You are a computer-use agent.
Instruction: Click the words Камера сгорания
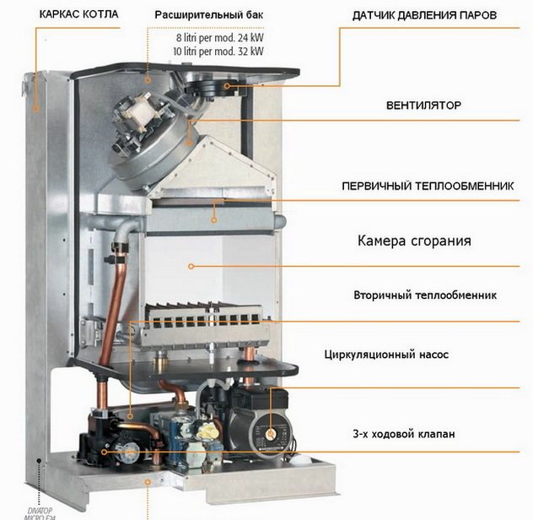point(412,241)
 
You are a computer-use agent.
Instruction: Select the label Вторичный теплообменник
point(425,295)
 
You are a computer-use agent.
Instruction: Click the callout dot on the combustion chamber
point(191,266)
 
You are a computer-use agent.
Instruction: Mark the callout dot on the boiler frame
point(35,108)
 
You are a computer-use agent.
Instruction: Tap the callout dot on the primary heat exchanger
point(214,219)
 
